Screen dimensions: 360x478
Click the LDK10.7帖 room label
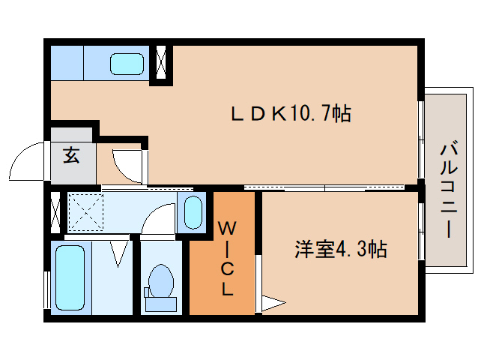tap(290, 114)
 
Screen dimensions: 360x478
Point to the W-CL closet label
tap(226, 257)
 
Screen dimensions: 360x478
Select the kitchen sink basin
tap(127, 63)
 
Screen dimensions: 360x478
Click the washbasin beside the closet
tap(194, 212)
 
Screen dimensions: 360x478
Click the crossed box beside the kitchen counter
tap(162, 63)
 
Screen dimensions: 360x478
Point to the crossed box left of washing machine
tap(55, 211)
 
